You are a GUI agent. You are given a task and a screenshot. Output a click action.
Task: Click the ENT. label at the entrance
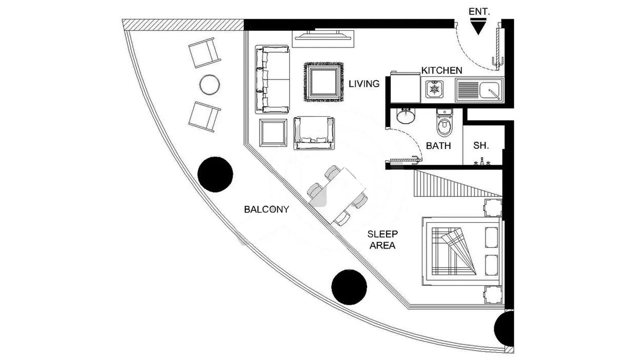coord(479,12)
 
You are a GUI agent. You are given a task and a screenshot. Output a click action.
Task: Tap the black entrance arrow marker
coord(478,27)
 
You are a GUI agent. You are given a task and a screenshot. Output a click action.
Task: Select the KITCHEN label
coord(442,71)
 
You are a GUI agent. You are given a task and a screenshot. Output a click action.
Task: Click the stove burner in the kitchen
coord(435,89)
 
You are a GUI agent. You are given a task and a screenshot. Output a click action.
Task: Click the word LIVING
coord(364,84)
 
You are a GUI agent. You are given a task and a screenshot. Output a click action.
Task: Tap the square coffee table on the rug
coord(324,82)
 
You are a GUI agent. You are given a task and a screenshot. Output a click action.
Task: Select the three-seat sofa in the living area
coord(272,79)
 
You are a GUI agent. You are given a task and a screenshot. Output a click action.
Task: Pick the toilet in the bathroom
coord(444,123)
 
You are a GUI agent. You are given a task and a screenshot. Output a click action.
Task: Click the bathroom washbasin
coord(406,116)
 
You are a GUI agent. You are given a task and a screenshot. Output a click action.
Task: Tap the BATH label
coord(438,146)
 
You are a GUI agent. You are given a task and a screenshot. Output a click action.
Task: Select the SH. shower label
coord(481,146)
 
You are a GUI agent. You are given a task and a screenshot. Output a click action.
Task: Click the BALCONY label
coord(267,209)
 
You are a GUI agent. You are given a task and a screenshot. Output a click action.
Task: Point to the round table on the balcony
coord(210,85)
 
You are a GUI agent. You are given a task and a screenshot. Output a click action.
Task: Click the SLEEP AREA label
coord(382,240)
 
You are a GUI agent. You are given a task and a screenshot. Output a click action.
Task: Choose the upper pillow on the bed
coord(491,237)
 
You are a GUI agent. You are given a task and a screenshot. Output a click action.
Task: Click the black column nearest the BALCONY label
coord(215,174)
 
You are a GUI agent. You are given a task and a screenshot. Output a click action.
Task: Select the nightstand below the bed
coord(493,295)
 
